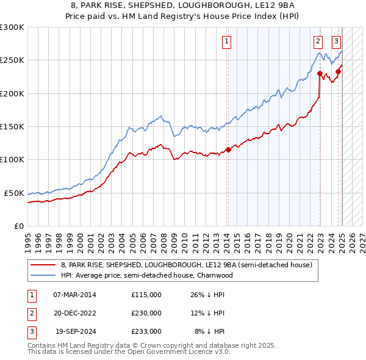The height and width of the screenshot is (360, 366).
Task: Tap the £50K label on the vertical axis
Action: [14, 193]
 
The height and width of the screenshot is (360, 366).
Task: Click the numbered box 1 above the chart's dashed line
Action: [226, 41]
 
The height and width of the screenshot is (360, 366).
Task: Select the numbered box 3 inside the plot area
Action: [336, 41]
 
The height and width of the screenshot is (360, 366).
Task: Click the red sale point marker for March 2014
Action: [228, 149]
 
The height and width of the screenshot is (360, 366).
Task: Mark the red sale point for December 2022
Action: [320, 74]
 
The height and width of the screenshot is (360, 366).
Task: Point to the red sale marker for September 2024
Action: [338, 72]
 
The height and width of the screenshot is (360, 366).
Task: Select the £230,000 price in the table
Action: [146, 313]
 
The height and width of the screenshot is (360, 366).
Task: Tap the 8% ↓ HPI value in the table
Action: [209, 331]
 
